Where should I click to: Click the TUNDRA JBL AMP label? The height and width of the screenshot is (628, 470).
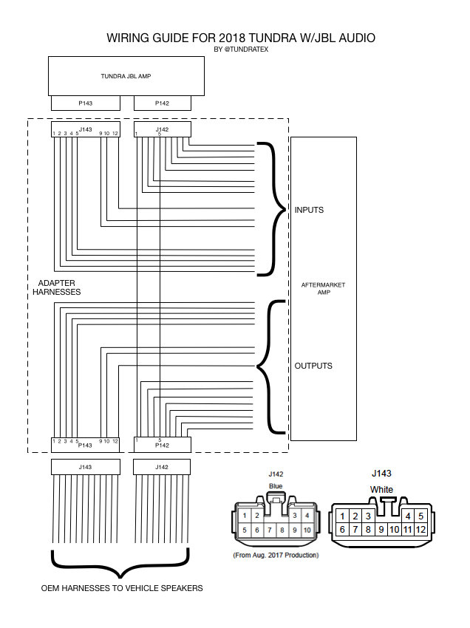tap(126, 76)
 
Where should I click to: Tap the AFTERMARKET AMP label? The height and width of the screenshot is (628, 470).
tap(324, 288)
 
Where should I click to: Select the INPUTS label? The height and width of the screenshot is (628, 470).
tap(309, 210)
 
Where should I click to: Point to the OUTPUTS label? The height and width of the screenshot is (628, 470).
tap(313, 366)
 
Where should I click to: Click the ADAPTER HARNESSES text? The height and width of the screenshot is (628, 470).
tap(56, 287)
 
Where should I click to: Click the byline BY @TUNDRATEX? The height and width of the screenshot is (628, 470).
tap(241, 50)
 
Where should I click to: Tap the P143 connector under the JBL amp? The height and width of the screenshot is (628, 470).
tap(86, 103)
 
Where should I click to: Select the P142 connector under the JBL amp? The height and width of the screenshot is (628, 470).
tap(163, 103)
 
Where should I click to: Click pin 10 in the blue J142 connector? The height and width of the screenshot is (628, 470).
tap(307, 530)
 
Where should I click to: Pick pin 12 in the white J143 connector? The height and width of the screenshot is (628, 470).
tap(420, 530)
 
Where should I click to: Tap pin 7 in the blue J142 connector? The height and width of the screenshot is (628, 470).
tap(270, 530)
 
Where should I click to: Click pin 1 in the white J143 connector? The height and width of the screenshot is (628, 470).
tap(342, 516)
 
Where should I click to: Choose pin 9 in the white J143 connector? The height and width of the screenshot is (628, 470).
tap(381, 530)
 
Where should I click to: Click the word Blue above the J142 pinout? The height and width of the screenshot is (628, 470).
tap(276, 486)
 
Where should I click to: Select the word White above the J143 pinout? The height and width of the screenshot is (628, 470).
tap(381, 489)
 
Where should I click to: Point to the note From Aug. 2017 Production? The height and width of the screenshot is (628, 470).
tap(276, 555)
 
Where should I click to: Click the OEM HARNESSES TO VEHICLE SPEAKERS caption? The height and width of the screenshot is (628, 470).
tap(122, 588)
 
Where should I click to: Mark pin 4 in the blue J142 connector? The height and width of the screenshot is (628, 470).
tap(307, 516)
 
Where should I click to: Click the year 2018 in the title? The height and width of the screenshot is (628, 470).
tap(232, 38)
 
